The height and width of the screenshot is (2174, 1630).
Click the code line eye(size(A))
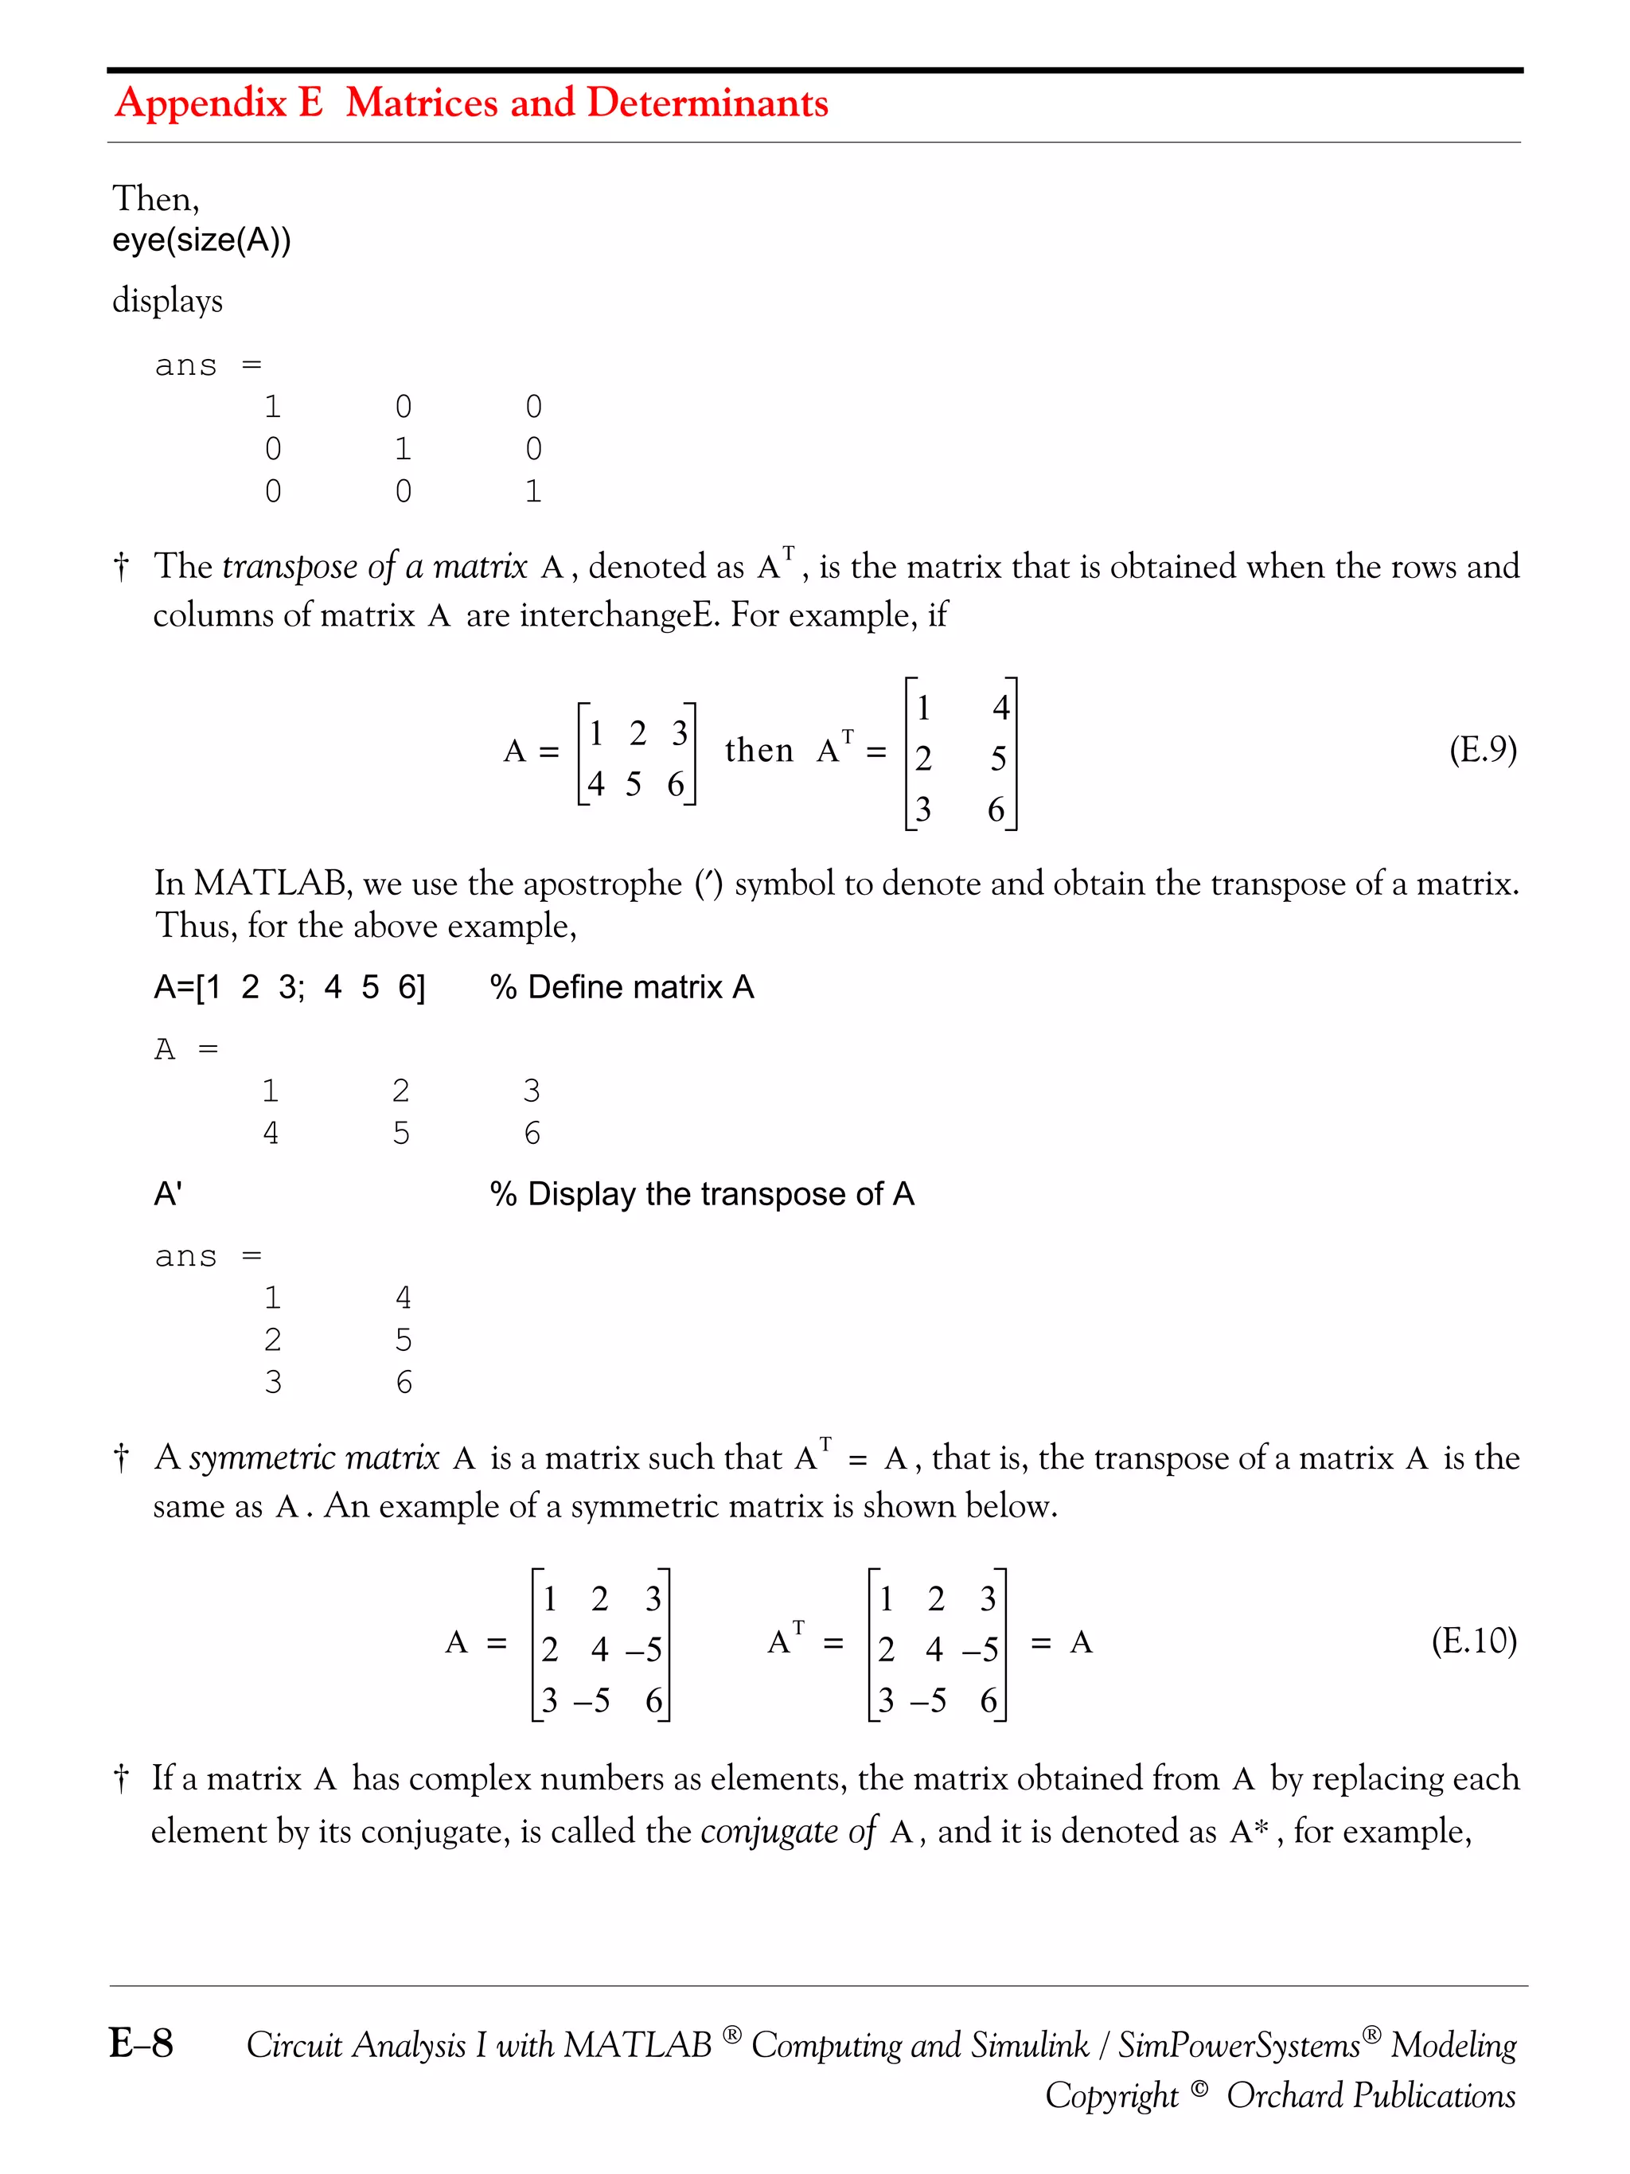[201, 240]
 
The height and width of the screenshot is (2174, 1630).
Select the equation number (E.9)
[1482, 750]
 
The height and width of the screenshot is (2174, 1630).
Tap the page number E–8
[142, 2043]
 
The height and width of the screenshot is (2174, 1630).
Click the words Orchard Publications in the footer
[1370, 2094]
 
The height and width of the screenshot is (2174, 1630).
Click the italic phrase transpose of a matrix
[374, 567]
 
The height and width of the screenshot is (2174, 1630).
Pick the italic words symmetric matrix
[314, 1458]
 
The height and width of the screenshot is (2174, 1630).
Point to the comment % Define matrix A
[621, 987]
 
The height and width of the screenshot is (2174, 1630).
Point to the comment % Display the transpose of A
[701, 1194]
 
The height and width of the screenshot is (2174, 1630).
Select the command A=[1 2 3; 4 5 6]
[289, 987]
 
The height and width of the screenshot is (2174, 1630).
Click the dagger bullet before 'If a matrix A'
[121, 1779]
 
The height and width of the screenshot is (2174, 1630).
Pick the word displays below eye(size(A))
[167, 300]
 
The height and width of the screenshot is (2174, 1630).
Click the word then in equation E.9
[758, 751]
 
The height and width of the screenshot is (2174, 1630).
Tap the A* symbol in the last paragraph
[1249, 1831]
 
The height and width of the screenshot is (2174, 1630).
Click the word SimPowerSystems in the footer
[1238, 2045]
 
